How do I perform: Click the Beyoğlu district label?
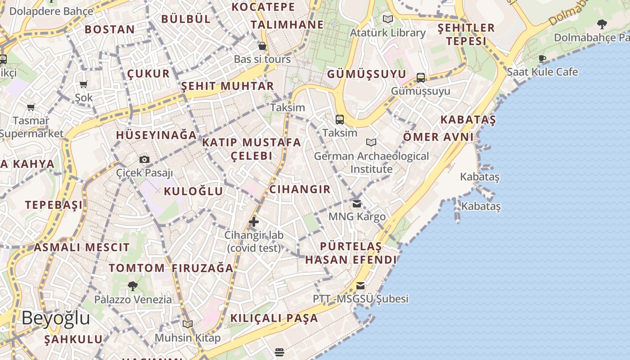pyautogui.click(x=56, y=318)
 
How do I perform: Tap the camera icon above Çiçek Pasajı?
pyautogui.click(x=144, y=159)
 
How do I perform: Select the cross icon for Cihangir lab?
pyautogui.click(x=254, y=221)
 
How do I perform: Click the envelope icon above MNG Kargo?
pyautogui.click(x=357, y=203)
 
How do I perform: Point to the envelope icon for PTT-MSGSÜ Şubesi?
pyautogui.click(x=360, y=285)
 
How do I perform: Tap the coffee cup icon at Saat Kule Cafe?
pyautogui.click(x=542, y=58)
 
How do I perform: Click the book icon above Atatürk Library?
pyautogui.click(x=387, y=19)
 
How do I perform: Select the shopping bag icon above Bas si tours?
pyautogui.click(x=262, y=46)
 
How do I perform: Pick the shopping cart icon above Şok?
pyautogui.click(x=84, y=84)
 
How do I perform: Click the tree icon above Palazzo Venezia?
pyautogui.click(x=133, y=286)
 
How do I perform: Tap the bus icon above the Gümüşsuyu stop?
pyautogui.click(x=421, y=77)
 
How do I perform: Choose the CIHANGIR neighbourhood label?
pyautogui.click(x=300, y=189)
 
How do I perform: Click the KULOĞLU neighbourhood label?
pyautogui.click(x=193, y=191)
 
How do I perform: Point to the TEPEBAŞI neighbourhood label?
pyautogui.click(x=54, y=205)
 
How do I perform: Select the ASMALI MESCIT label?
pyautogui.click(x=81, y=247)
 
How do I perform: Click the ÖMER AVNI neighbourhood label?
pyautogui.click(x=438, y=137)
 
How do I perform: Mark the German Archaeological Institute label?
pyautogui.click(x=371, y=162)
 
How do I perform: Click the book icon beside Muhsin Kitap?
pyautogui.click(x=188, y=324)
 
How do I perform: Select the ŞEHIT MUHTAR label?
pyautogui.click(x=227, y=86)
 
